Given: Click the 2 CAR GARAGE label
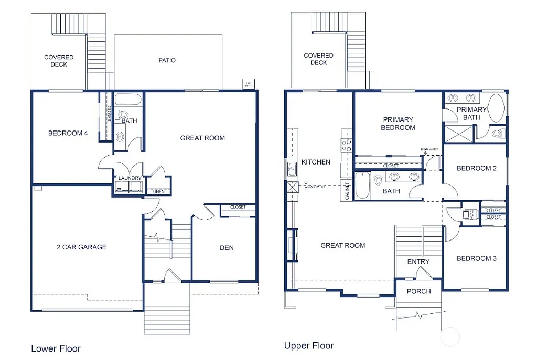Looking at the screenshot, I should click(x=81, y=247).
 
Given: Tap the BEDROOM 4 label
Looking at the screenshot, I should click(x=68, y=133).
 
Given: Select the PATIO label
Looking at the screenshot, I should click(x=167, y=60).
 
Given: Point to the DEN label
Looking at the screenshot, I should click(x=227, y=248).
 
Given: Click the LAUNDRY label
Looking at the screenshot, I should click(x=129, y=178).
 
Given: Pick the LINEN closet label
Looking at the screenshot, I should click(x=158, y=192).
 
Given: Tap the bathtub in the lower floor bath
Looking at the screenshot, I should click(x=127, y=100).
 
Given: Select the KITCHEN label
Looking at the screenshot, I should click(x=316, y=162).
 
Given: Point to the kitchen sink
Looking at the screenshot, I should click(x=292, y=169).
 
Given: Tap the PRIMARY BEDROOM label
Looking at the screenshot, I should click(x=398, y=124).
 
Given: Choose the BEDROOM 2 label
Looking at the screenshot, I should click(x=476, y=168).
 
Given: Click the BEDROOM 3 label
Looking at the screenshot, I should click(x=476, y=258).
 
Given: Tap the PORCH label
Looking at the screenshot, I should click(x=418, y=291).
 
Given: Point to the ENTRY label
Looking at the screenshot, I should click(x=418, y=261).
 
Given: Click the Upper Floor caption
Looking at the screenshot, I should click(x=308, y=345).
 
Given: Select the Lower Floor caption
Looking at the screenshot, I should click(x=56, y=348).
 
